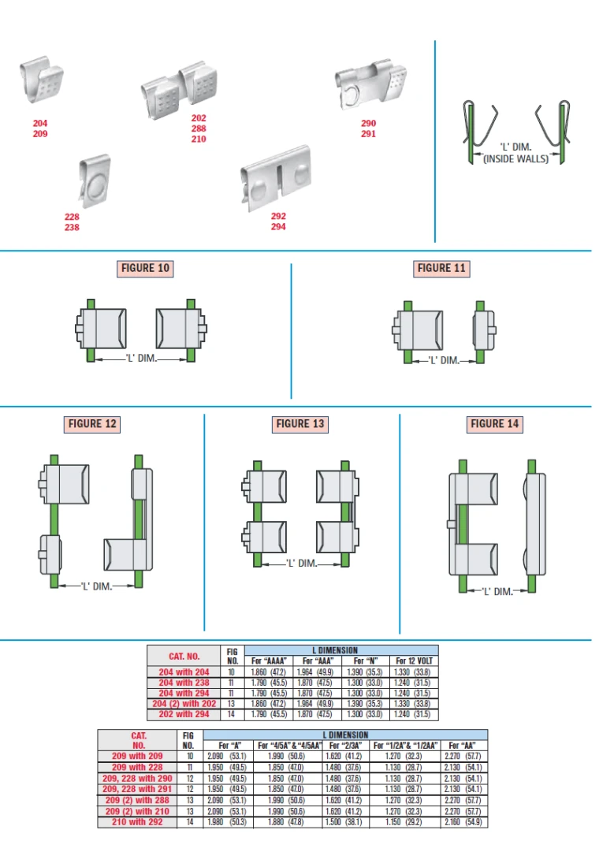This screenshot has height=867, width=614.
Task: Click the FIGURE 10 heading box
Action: click(x=146, y=268)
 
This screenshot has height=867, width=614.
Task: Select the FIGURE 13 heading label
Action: click(x=300, y=424)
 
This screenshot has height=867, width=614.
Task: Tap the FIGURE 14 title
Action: click(x=494, y=424)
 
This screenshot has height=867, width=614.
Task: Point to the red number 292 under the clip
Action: click(x=278, y=216)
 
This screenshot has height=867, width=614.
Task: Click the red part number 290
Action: click(x=368, y=123)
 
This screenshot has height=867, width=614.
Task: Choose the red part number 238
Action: click(x=72, y=227)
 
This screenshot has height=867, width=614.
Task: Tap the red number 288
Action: click(x=199, y=128)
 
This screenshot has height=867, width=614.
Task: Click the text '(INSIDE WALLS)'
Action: click(x=516, y=159)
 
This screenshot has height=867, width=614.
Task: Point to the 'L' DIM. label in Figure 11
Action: click(x=445, y=360)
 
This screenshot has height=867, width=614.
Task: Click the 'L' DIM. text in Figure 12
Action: click(x=97, y=586)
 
